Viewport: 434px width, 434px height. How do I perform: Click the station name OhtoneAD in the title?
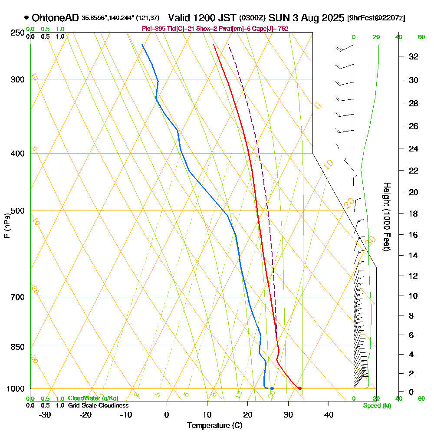click(56, 18)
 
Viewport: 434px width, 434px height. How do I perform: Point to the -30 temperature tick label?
click(45, 415)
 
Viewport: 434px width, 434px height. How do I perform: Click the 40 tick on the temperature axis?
click(329, 415)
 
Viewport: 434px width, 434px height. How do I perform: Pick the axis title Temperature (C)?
click(214, 426)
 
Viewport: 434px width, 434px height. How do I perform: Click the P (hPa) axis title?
click(7, 226)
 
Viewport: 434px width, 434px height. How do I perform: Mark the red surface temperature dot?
click(299, 388)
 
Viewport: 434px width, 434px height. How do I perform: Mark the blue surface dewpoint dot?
click(272, 388)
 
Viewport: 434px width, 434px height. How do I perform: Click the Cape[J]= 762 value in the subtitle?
click(274, 29)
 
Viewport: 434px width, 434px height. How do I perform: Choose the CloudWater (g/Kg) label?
click(93, 398)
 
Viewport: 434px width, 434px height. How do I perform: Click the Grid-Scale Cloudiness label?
click(98, 405)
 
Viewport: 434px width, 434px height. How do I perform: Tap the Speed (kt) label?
click(377, 406)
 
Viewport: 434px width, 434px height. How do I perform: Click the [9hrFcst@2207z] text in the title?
click(376, 18)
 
